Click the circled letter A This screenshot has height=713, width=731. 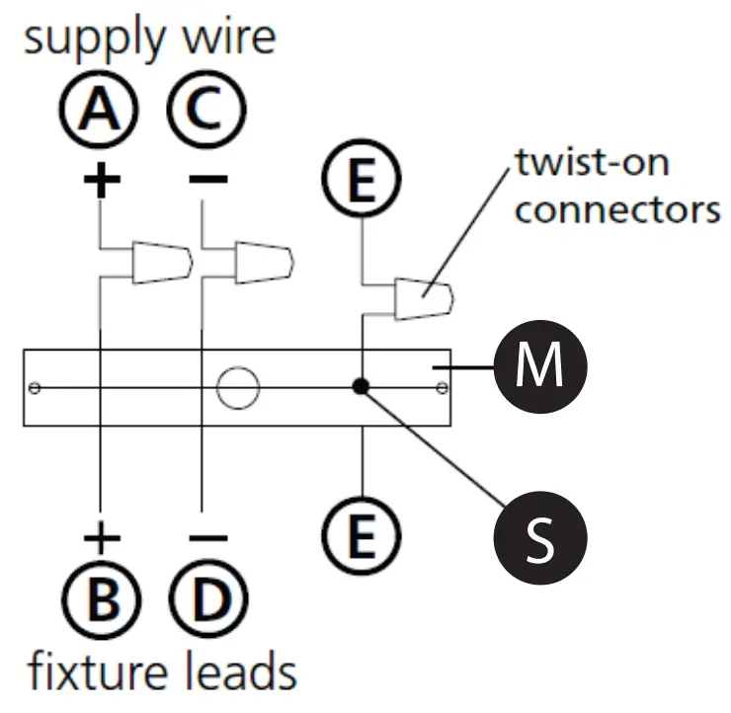100,110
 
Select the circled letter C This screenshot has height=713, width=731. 206,110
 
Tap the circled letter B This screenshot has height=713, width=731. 101,598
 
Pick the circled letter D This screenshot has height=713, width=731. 208,598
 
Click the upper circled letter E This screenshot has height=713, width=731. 362,179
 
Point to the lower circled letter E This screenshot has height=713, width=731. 362,535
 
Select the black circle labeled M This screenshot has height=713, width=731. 540,366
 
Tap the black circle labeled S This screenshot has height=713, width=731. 540,537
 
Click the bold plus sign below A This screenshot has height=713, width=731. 102,179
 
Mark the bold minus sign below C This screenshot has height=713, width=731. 208,179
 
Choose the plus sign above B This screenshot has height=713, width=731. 102,538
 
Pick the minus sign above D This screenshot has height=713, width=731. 208,538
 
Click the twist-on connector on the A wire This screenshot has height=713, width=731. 162,263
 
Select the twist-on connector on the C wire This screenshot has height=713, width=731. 265,263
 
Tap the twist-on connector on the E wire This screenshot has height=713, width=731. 424,299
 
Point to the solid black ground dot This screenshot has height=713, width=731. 361,386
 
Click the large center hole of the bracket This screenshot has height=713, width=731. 238,388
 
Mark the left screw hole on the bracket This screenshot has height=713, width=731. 35,388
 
